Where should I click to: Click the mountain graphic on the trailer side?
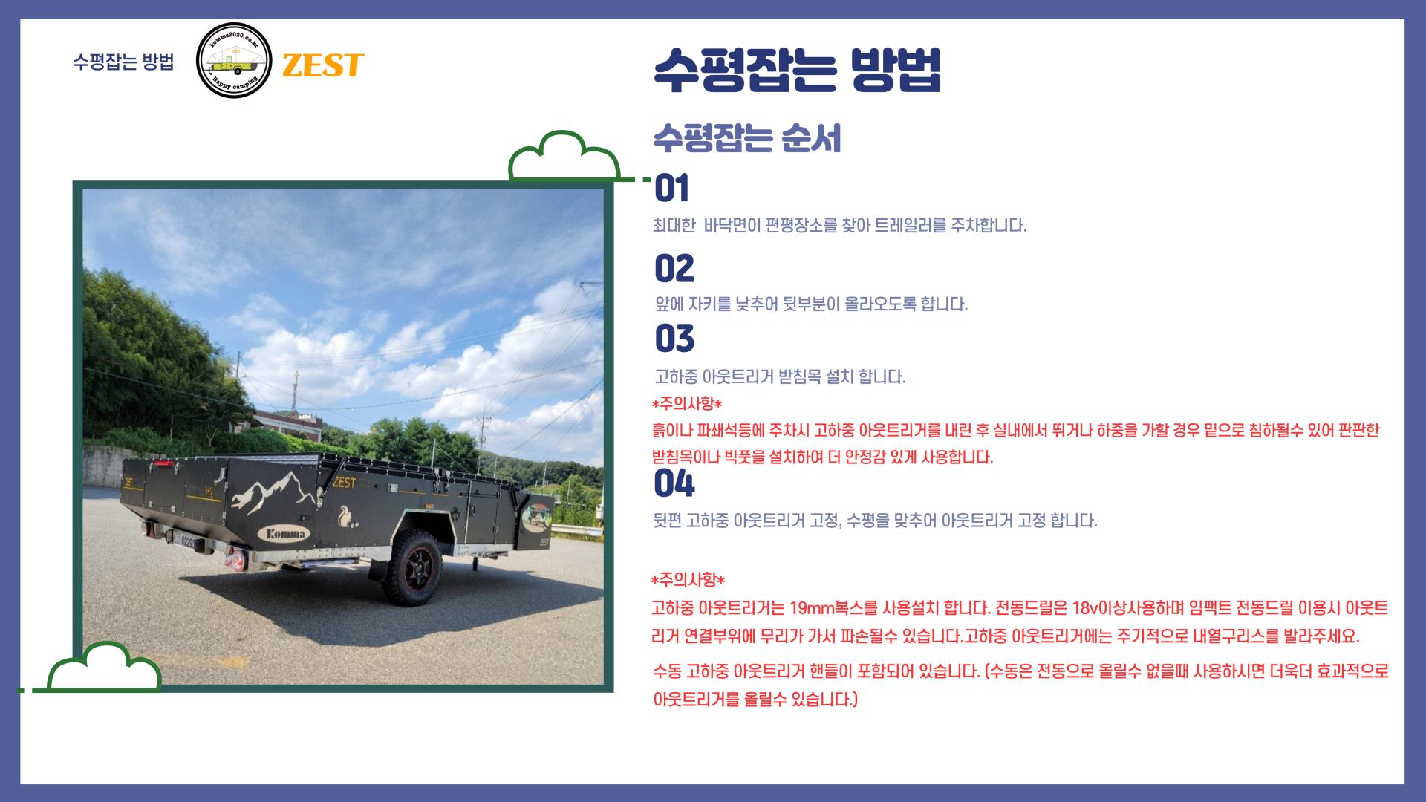pyautogui.click(x=267, y=493)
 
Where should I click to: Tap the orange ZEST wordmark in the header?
pyautogui.click(x=322, y=65)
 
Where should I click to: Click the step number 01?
pyautogui.click(x=672, y=189)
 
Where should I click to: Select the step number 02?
pyautogui.click(x=674, y=269)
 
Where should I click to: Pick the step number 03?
pyautogui.click(x=674, y=339)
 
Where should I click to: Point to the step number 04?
pyautogui.click(x=674, y=484)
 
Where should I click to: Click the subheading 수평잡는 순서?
pyautogui.click(x=746, y=139)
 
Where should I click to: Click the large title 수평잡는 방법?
pyautogui.click(x=797, y=71)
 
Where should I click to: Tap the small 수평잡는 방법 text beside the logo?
pyautogui.click(x=123, y=62)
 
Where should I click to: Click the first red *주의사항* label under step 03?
pyautogui.click(x=686, y=404)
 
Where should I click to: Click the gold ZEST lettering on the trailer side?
pyautogui.click(x=345, y=483)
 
